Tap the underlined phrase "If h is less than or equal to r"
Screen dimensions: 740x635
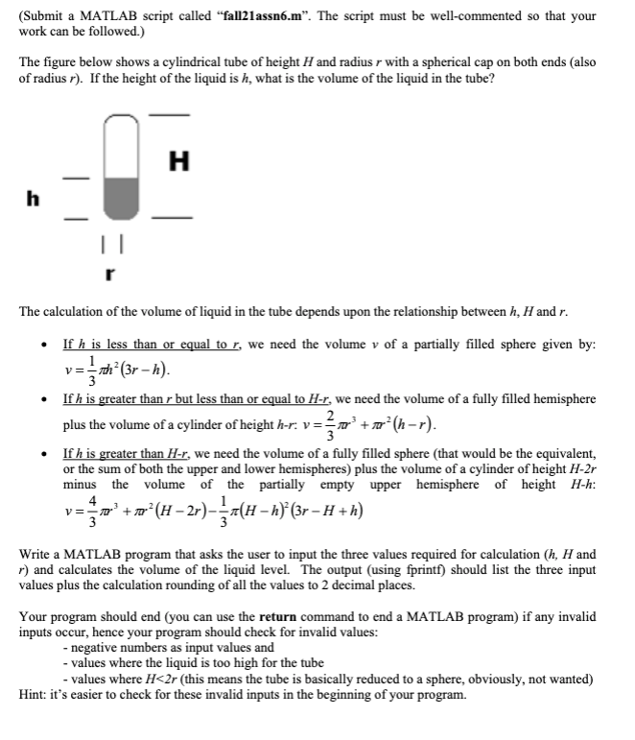[145, 343]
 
